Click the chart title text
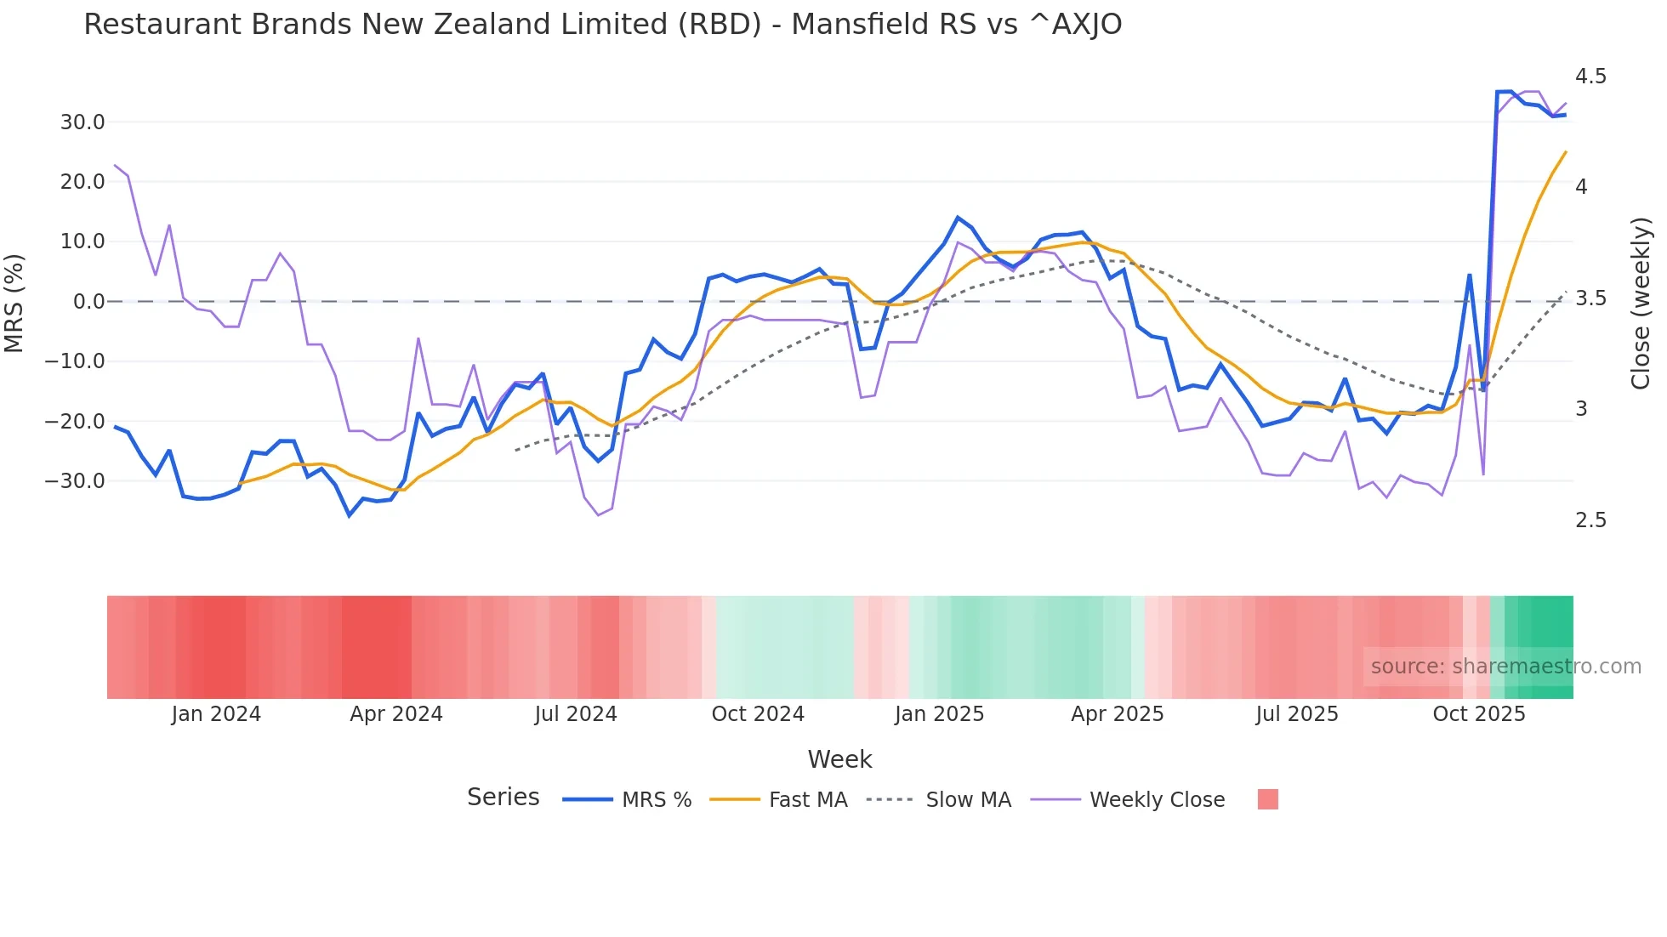pos(602,25)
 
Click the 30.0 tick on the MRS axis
pos(82,122)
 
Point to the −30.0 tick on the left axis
pos(75,481)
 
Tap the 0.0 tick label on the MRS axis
pos(88,302)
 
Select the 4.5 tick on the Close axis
pos(1590,77)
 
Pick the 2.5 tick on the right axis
pos(1590,520)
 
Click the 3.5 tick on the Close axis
pos(1590,298)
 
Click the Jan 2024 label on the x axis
pos(216,714)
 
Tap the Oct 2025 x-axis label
pos(1479,714)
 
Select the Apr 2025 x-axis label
pos(1117,714)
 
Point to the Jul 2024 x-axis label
pos(576,714)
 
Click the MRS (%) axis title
pos(14,303)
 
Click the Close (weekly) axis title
pos(1641,303)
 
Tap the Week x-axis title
pos(839,759)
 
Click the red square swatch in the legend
pos(1267,799)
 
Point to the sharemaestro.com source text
pos(1505,667)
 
